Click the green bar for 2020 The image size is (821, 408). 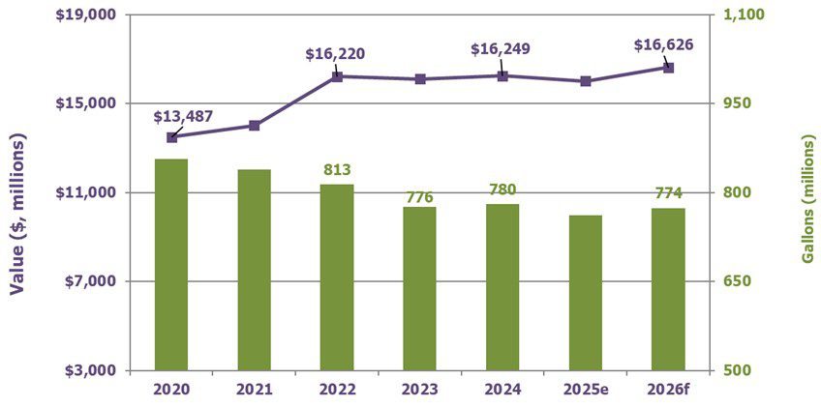171,264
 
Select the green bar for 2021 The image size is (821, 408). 254,270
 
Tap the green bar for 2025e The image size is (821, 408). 585,292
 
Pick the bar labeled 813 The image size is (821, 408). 337,277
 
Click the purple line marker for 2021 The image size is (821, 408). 254,126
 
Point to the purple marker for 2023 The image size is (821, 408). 419,79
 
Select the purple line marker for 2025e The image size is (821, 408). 585,81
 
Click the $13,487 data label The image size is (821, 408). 184,117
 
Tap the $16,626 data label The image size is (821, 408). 663,44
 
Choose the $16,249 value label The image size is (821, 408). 501,48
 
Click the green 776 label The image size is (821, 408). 419,197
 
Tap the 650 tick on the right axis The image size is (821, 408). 738,281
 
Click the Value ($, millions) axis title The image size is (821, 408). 16,213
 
